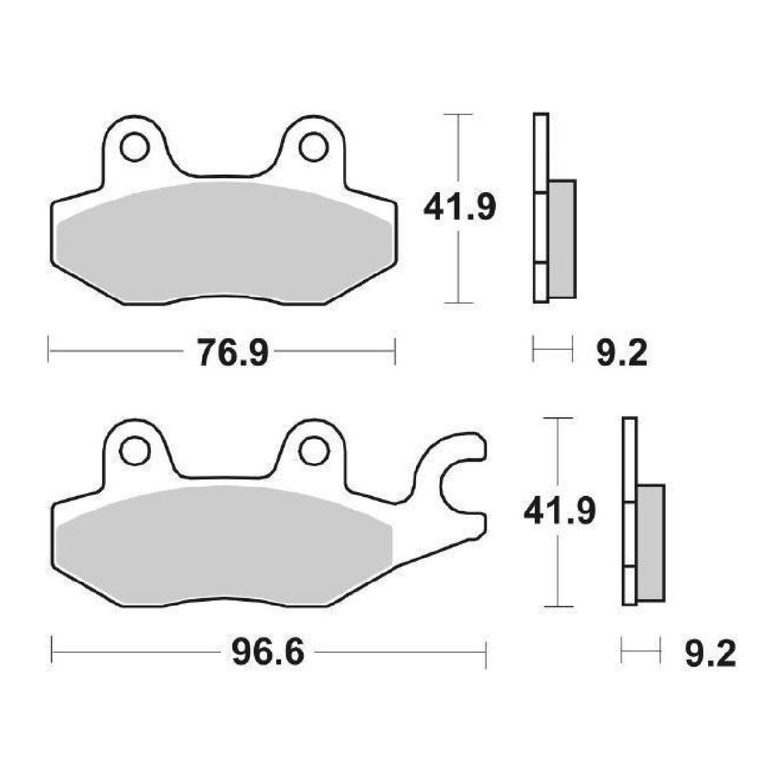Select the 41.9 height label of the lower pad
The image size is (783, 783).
point(559,511)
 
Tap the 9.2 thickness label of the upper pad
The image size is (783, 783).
point(621,353)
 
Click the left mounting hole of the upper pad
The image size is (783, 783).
point(134,147)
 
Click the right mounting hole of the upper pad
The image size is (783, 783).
point(313,147)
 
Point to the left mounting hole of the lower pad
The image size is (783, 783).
point(134,450)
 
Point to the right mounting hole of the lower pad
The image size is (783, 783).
point(313,450)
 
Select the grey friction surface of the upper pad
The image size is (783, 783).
point(223,242)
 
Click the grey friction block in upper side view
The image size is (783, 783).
point(562,239)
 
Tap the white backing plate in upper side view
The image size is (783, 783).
point(541,155)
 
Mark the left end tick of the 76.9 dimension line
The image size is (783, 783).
point(49,351)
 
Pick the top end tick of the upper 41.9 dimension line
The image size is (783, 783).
point(458,115)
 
